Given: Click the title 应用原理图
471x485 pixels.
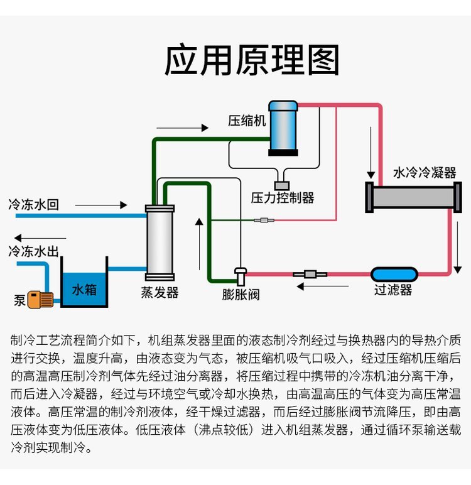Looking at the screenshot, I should [251, 61].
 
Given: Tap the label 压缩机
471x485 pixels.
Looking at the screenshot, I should [247, 120].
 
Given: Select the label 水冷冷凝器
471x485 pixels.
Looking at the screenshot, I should [425, 172].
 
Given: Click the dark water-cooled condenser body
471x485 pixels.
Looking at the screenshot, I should [409, 197].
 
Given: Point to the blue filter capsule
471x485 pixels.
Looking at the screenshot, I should [394, 274].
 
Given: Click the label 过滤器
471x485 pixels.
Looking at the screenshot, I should [393, 290].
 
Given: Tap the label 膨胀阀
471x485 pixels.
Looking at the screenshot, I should [241, 293].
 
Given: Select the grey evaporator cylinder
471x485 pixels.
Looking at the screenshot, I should [159, 242].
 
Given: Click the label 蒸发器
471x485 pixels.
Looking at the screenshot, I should [160, 293].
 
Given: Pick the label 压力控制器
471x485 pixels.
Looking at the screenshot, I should [283, 198].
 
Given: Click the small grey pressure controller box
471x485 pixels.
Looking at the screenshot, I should [282, 185].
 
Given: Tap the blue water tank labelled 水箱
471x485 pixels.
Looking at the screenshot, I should [84, 290].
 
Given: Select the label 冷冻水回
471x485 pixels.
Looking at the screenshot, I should [33, 205].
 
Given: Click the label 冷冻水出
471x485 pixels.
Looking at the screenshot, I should [33, 252].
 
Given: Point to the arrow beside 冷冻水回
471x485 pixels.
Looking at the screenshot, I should [100, 205].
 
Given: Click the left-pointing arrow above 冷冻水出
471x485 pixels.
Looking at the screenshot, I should [35, 237].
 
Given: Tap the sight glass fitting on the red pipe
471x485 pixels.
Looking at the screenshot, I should [308, 274].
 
